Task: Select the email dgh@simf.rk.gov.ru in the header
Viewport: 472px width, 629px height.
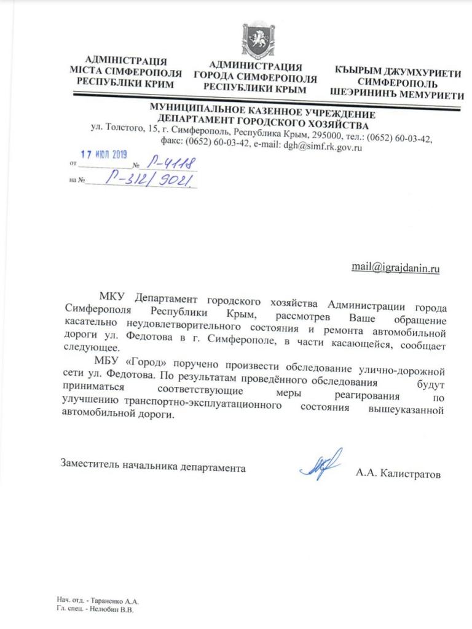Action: click(321, 147)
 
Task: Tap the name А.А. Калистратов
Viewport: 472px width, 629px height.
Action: click(398, 474)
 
